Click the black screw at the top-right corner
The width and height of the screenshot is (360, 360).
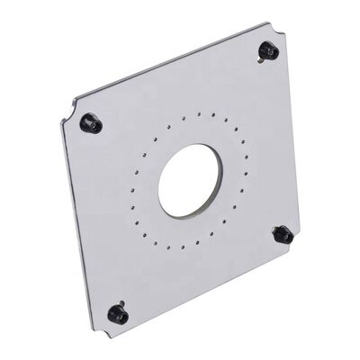[x=267, y=50]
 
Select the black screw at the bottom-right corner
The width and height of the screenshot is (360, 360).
[x=282, y=235]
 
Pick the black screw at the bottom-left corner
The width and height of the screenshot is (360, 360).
[x=116, y=313]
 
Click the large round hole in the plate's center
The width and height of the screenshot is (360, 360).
[x=190, y=180]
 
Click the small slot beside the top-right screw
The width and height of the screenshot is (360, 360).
[x=260, y=61]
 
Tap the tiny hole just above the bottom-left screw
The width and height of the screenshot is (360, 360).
[x=120, y=299]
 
